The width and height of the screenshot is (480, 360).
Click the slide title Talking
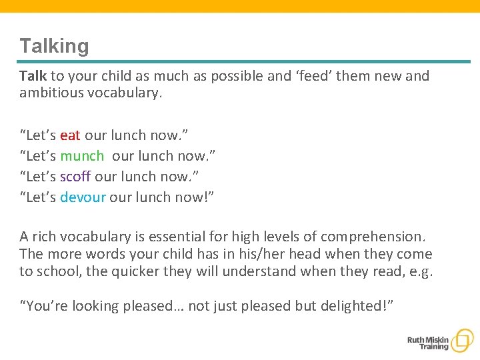click(54, 46)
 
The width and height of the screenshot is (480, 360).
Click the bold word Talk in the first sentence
click(33, 76)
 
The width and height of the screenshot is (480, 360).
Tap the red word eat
click(70, 135)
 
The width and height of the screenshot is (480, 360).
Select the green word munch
click(82, 156)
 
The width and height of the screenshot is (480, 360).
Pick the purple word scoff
click(75, 176)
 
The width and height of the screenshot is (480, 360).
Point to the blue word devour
click(83, 197)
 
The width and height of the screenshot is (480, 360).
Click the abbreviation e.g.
click(421, 271)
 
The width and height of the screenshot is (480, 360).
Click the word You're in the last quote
click(45, 306)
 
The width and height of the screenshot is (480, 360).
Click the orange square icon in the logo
click(461, 341)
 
